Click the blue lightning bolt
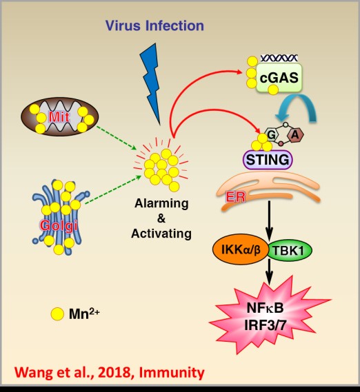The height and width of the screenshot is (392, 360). [x=150, y=83]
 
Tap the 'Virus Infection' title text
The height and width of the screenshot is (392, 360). [x=154, y=25]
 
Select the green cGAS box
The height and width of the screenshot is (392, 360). [x=279, y=77]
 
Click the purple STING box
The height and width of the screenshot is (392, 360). [x=268, y=160]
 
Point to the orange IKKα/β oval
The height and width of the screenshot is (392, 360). [x=241, y=249]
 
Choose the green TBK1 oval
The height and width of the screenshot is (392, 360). [x=290, y=250]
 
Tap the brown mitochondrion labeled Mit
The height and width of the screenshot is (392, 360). [x=59, y=116]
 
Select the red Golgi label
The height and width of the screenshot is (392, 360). [x=59, y=226]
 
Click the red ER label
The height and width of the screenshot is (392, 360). [x=236, y=197]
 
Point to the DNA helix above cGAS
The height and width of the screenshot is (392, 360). [x=279, y=59]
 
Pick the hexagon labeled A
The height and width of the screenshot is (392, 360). [x=295, y=135]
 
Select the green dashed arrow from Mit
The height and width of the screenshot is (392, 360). [x=117, y=138]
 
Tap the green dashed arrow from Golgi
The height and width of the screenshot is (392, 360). [x=113, y=189]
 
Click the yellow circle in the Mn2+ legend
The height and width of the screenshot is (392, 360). [x=57, y=313]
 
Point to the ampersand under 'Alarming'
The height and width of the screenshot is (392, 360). [x=161, y=218]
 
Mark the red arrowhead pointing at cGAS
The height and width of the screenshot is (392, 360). [x=239, y=72]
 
